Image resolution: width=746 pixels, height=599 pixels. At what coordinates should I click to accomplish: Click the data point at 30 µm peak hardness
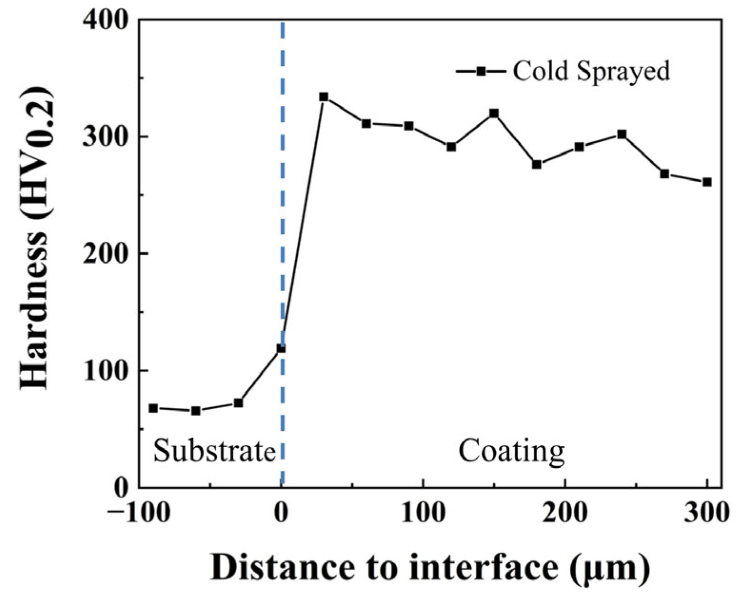click(x=323, y=97)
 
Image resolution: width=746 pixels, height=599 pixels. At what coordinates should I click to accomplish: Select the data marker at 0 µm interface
click(x=281, y=348)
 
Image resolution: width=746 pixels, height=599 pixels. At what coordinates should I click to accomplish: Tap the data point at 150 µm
click(x=494, y=113)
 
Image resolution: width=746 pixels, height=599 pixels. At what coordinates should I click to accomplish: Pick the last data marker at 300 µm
click(x=707, y=182)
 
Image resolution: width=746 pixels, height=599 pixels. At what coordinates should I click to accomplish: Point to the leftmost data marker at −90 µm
click(x=153, y=408)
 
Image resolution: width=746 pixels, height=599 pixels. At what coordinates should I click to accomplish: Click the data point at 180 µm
click(x=536, y=165)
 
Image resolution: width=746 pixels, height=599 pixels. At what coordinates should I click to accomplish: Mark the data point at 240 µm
click(x=622, y=134)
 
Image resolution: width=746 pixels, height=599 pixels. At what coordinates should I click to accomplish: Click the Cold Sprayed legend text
click(x=591, y=71)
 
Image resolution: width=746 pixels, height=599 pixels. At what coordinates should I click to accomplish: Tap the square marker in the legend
click(x=481, y=71)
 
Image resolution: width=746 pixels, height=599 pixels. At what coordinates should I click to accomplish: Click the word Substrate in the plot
click(x=214, y=451)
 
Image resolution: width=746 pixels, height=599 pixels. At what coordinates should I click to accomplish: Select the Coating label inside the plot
click(x=511, y=451)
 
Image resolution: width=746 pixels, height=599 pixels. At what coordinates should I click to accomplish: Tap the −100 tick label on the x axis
click(x=138, y=513)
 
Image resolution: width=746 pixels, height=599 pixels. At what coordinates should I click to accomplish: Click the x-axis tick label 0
click(x=282, y=513)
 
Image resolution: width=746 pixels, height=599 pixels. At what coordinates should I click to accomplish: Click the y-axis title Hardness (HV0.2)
click(x=36, y=238)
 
